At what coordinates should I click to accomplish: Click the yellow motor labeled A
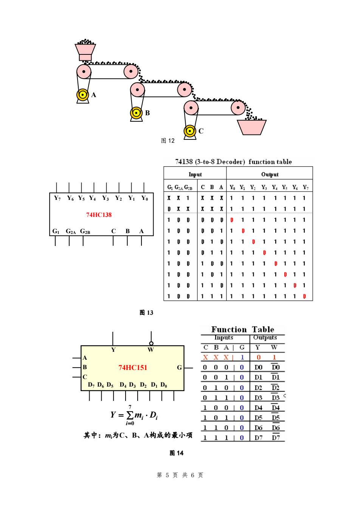pyautogui.click(x=82, y=95)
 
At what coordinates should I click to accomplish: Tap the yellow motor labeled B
pyautogui.click(x=136, y=113)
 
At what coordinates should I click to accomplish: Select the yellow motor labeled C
pyautogui.click(x=190, y=131)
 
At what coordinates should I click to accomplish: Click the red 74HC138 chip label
pyautogui.click(x=99, y=215)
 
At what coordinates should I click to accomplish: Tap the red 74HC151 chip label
pyautogui.click(x=133, y=367)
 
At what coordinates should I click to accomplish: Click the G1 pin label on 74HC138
pyautogui.click(x=56, y=231)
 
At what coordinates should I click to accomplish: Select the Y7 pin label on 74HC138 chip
pyautogui.click(x=57, y=198)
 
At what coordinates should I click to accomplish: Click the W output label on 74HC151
pyautogui.click(x=151, y=350)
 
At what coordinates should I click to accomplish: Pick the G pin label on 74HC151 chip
pyautogui.click(x=179, y=367)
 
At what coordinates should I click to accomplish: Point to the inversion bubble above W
pyautogui.click(x=151, y=343)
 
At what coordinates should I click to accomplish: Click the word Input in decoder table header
pyautogui.click(x=195, y=174)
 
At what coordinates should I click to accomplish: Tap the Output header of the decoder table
pyautogui.click(x=270, y=174)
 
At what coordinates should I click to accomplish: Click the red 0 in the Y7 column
pyautogui.click(x=304, y=296)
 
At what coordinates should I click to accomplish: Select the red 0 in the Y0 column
pyautogui.click(x=232, y=220)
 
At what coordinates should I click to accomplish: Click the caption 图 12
pyautogui.click(x=168, y=141)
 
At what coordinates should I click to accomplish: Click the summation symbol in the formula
pyautogui.click(x=130, y=415)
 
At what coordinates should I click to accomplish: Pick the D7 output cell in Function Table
pyautogui.click(x=258, y=438)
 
